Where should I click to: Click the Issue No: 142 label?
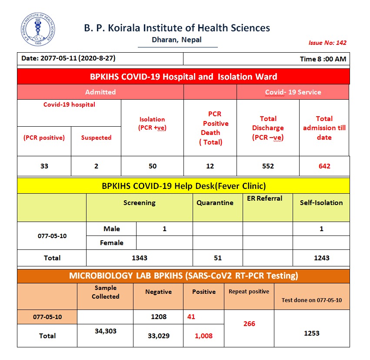coord(327,43)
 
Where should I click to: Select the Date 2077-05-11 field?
coord(68,58)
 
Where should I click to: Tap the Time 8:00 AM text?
coord(323,59)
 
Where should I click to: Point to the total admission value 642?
coord(324,166)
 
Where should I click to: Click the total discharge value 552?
coord(268,166)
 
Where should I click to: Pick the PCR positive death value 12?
coord(210,166)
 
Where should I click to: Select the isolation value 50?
coord(152,166)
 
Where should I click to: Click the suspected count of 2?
coord(96,166)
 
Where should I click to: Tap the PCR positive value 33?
coord(44,166)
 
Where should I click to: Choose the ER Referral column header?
coord(267,199)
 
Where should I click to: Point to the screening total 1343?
coord(140,258)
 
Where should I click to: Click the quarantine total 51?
coord(218,258)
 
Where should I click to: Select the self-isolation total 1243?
coord(321,258)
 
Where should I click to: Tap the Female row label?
coord(112,243)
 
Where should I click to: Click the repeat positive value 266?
coord(249,324)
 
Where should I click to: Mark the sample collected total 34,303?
coord(106,331)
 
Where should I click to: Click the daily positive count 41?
coord(191,317)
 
